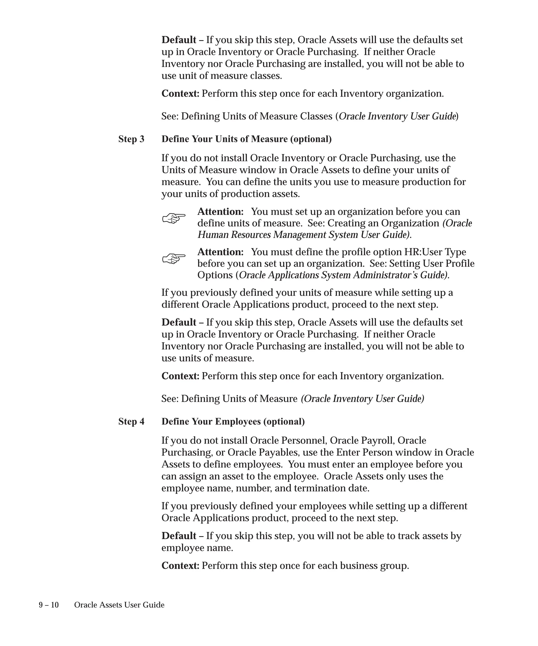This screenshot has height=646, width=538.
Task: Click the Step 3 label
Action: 131,139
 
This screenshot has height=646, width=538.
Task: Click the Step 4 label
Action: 131,422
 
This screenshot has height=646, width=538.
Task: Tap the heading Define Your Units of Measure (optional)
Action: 247,139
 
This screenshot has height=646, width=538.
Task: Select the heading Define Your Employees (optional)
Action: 233,422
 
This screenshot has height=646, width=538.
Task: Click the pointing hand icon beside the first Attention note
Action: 174,218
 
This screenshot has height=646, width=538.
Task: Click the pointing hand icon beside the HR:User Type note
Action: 174,258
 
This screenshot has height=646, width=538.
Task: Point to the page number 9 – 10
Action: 49,605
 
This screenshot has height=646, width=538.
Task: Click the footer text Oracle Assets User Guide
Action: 119,605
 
